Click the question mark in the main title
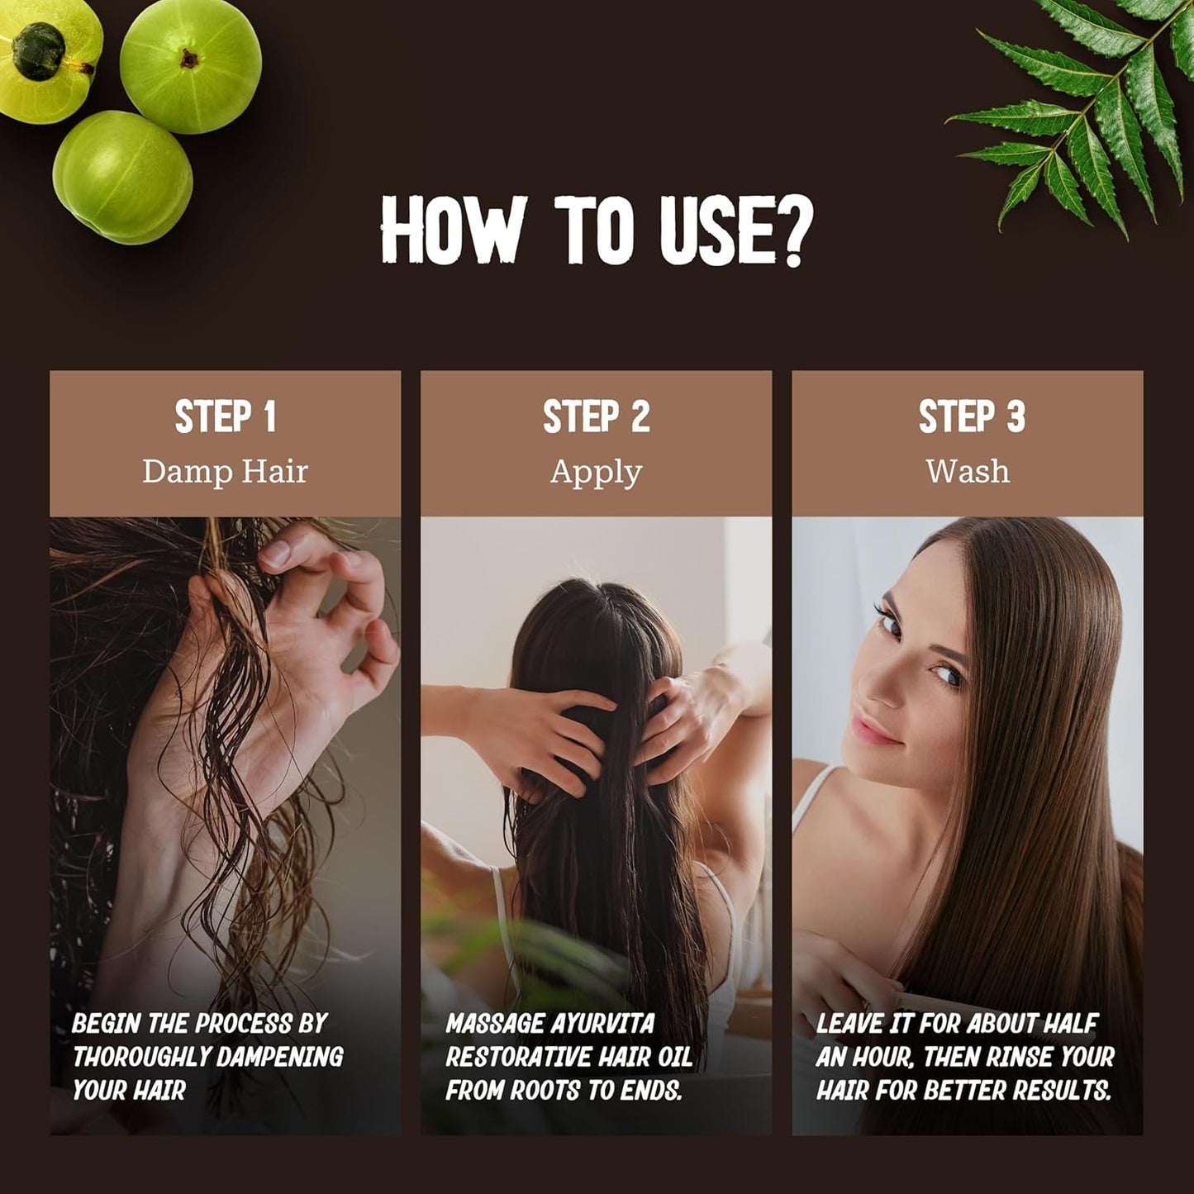coord(795,233)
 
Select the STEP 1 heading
coord(225,416)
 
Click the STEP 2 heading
coord(596,416)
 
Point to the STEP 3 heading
coord(971,416)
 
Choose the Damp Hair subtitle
coord(225,472)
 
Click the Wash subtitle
coord(968,472)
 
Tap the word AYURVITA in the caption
coord(602,1024)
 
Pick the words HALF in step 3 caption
coord(1070,1024)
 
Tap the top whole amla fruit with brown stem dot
coord(191,66)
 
